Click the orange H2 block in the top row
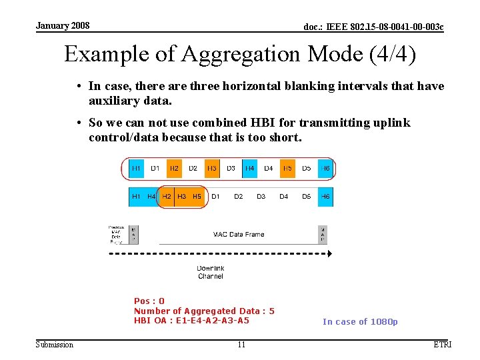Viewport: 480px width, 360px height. tap(174, 168)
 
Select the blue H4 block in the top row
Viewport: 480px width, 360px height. tap(249, 168)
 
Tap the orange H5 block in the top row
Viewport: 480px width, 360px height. tap(287, 168)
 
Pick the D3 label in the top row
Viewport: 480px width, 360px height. tap(231, 168)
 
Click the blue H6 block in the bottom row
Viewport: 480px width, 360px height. tap(325, 197)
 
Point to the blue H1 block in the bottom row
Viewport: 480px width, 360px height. tap(136, 197)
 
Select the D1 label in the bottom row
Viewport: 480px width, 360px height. tap(215, 197)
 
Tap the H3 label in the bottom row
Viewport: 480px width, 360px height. tap(181, 197)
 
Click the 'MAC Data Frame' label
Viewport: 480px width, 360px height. tap(239, 234)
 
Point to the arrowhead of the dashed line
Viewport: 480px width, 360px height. tap(328, 254)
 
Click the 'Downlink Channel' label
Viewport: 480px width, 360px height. tap(211, 272)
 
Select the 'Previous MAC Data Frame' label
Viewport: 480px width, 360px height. tap(116, 235)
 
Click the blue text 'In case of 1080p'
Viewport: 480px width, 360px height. tap(360, 322)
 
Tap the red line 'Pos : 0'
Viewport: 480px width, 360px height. tap(149, 301)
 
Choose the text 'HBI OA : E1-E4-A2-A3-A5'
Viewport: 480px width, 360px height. tap(191, 321)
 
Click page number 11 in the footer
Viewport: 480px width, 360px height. tap(241, 345)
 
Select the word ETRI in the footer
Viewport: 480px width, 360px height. tap(442, 345)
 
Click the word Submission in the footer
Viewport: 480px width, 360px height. tap(55, 345)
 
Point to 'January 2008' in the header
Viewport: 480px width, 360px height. tap(63, 26)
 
